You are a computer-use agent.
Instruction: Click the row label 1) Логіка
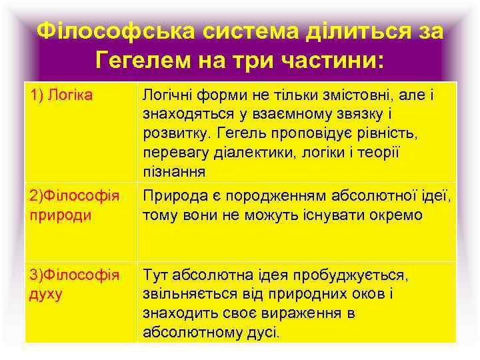tap(60, 97)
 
